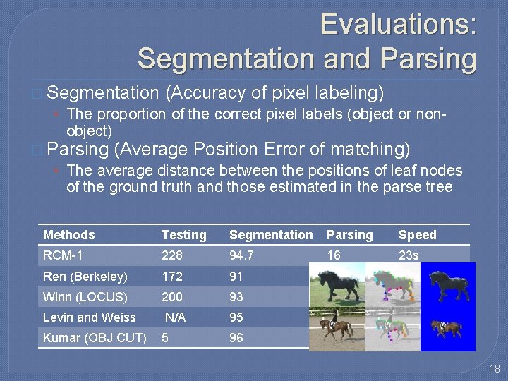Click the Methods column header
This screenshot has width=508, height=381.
68,235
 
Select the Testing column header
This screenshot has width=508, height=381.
184,235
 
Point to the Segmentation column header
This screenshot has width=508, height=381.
271,235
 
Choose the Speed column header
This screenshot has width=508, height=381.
418,235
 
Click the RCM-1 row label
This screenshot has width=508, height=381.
63,255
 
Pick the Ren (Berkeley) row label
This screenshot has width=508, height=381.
85,276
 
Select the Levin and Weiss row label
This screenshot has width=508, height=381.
90,317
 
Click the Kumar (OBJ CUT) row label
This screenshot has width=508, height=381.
95,338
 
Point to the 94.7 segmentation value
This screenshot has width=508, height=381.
242,255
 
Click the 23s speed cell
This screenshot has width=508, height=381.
409,255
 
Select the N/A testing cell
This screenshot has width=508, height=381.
175,317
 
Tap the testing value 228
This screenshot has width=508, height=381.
171,255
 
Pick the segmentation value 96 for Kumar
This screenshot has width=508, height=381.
236,338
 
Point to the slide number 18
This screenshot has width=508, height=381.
495,368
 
